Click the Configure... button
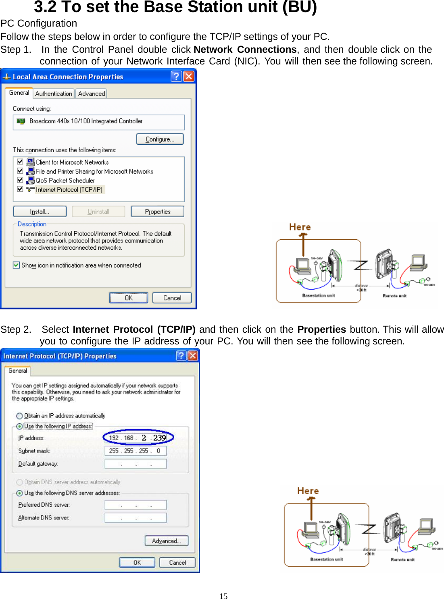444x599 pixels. [160, 139]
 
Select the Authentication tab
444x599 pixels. [54, 93]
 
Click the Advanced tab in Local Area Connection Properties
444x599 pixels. [92, 93]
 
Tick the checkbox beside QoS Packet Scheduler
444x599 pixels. [20, 180]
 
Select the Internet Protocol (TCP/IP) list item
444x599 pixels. [69, 189]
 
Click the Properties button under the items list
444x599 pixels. [157, 211]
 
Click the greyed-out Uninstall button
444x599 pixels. [98, 211]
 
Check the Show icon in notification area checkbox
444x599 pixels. [17, 265]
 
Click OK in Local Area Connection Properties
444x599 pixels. [128, 298]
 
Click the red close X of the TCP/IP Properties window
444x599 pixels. [193, 355]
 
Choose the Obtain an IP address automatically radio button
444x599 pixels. [19, 416]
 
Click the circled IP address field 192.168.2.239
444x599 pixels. [138, 438]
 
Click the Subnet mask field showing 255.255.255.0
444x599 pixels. [135, 451]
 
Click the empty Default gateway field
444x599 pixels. [135, 464]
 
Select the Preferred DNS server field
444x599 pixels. [135, 505]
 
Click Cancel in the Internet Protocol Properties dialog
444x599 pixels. [177, 562]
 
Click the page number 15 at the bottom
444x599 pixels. [223, 596]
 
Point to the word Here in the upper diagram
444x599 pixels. [300, 227]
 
